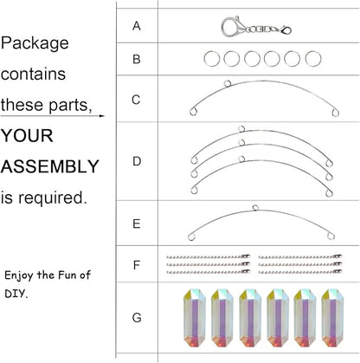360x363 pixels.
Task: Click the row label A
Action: (x=137, y=26)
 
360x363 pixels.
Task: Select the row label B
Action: (x=137, y=59)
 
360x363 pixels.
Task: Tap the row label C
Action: (x=136, y=100)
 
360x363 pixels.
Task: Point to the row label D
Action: (x=137, y=161)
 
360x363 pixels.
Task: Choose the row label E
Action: (x=137, y=224)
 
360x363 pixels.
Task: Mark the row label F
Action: (x=137, y=265)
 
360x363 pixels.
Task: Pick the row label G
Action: (x=137, y=318)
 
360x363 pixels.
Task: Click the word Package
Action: (x=35, y=43)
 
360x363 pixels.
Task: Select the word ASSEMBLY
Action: (x=50, y=166)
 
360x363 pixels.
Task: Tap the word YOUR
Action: (x=27, y=135)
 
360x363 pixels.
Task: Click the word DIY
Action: (x=16, y=294)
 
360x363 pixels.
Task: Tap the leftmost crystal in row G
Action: (x=195, y=318)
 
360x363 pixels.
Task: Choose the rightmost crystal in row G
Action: (x=332, y=318)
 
